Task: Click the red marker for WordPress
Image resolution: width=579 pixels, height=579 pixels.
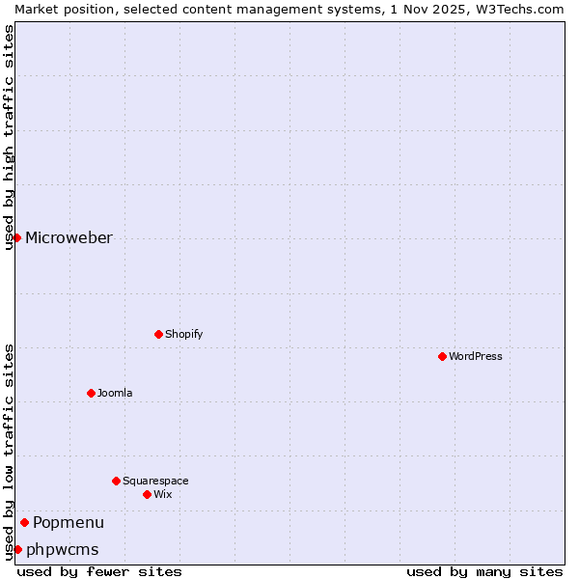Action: tap(442, 356)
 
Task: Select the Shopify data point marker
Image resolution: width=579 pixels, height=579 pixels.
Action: tap(158, 334)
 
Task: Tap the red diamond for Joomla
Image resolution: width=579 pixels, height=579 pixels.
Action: tap(91, 393)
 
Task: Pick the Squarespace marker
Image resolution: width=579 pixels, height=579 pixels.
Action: tap(116, 481)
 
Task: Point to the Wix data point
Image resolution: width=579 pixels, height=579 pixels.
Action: tap(147, 494)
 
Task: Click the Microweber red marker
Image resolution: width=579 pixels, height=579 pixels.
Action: tap(16, 237)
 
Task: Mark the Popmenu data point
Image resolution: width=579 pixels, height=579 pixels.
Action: tap(24, 522)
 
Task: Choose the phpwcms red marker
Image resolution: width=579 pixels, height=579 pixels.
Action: tap(17, 549)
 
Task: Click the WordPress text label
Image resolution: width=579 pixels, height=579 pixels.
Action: tap(476, 356)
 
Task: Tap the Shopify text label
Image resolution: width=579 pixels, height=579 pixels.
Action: tap(184, 334)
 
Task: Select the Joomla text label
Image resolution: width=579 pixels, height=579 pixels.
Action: tap(115, 393)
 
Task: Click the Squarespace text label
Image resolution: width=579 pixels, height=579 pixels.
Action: tap(155, 481)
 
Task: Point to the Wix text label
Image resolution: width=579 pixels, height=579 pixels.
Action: tap(163, 494)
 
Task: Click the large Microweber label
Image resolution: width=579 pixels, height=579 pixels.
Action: tap(69, 238)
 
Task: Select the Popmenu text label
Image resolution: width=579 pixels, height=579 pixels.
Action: tap(69, 523)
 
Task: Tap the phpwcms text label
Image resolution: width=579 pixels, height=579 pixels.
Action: tap(63, 550)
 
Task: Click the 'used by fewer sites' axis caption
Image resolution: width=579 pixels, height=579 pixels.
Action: tap(99, 571)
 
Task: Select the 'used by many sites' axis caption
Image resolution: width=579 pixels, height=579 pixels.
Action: tap(484, 571)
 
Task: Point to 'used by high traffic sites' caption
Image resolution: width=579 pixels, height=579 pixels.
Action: tap(10, 137)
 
